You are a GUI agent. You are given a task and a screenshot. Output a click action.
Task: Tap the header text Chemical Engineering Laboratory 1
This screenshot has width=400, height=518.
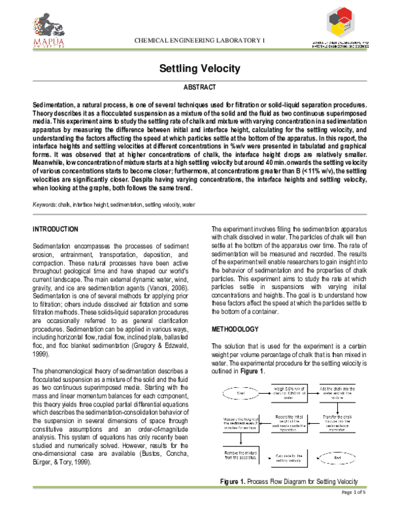[200, 41]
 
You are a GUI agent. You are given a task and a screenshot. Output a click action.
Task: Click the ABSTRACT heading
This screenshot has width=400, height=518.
[199, 88]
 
